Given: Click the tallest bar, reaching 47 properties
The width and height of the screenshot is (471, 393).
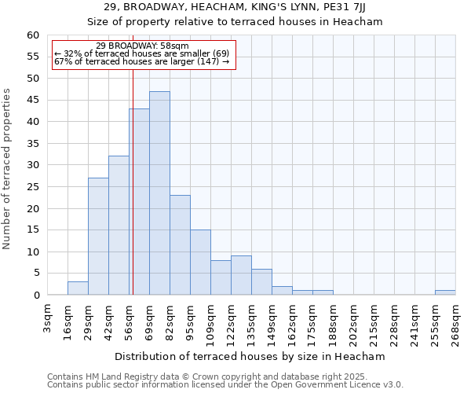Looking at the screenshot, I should point(159,193).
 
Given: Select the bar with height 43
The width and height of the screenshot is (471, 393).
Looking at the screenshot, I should point(139,202).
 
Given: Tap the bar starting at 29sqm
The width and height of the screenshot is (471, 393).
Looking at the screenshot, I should point(98,237).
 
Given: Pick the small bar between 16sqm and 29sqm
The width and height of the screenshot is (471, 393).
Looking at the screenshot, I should point(78,288).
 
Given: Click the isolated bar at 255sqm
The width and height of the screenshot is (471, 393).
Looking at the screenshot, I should point(445,292).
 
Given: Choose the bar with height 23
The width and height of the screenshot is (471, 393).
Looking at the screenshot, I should point(180,245).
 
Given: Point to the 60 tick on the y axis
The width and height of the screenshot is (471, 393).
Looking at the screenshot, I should point(33,35).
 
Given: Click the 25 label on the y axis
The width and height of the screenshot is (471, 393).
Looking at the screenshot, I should point(33,187).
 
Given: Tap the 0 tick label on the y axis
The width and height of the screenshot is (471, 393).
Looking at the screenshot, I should point(36,296).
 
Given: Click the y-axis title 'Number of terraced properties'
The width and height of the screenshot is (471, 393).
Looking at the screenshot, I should point(7,169).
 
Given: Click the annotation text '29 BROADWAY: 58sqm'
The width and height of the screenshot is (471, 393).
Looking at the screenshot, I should point(142,46).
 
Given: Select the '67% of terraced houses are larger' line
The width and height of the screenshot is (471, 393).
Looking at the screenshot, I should point(142,61).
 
